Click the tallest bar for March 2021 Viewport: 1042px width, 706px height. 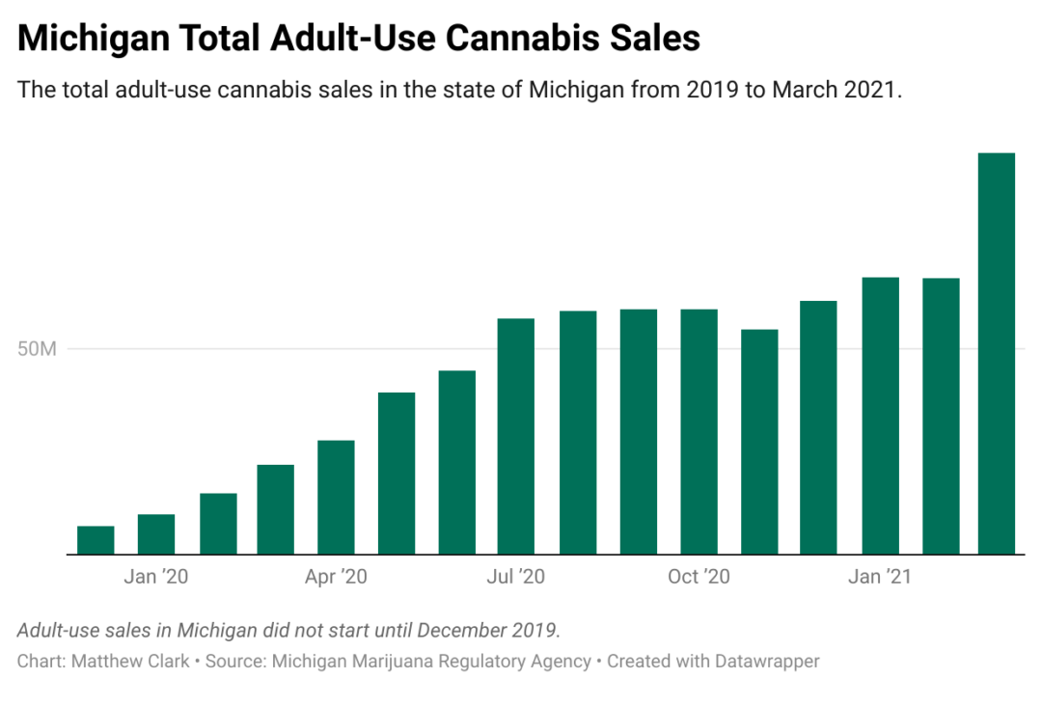[996, 353]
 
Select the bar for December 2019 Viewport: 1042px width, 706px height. [96, 540]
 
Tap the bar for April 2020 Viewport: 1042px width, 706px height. [336, 497]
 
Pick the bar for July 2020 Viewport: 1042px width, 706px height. [516, 436]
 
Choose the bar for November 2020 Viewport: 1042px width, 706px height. [759, 442]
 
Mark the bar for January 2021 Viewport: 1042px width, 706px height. [880, 416]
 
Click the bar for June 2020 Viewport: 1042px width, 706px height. [456, 462]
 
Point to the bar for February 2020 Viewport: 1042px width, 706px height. [217, 524]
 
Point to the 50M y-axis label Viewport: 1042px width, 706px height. [38, 348]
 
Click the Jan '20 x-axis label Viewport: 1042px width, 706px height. [155, 577]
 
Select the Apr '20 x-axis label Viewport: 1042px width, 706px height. [336, 577]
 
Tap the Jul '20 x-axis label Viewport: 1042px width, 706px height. [516, 577]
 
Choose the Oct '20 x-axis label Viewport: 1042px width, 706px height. [699, 577]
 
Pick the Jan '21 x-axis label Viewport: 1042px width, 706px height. [879, 577]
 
